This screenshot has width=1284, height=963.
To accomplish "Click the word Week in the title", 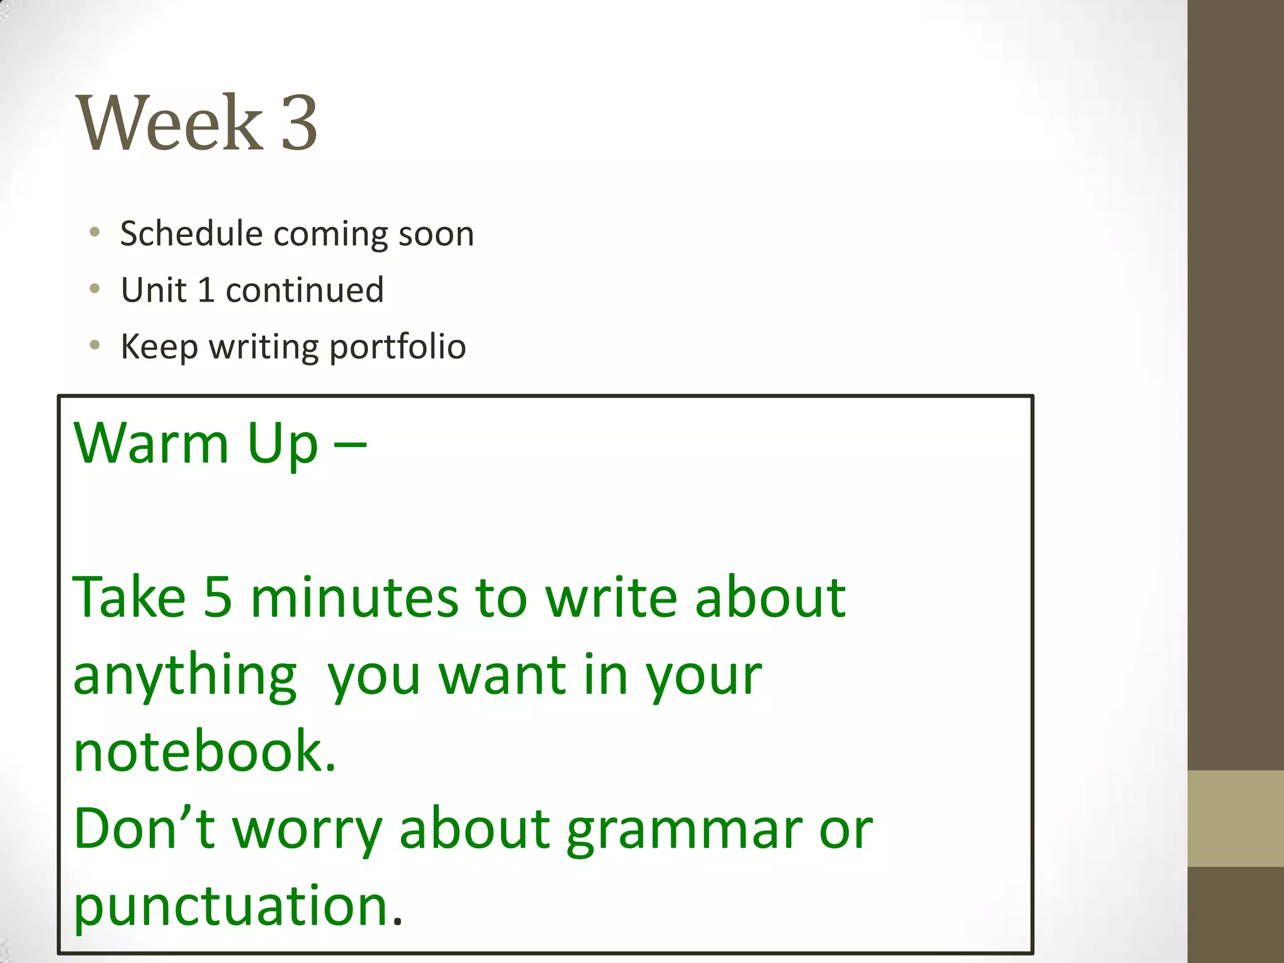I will click(169, 123).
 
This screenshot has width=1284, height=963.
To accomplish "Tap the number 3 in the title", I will click(299, 123).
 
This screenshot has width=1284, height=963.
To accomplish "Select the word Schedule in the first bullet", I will click(191, 234).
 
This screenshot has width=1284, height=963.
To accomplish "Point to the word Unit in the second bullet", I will click(154, 290).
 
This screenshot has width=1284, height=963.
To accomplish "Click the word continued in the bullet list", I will click(305, 290).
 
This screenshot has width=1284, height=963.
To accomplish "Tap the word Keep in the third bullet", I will click(159, 347).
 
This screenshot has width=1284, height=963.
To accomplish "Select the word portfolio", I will click(397, 347).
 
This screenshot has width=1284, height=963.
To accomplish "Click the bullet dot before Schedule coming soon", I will click(95, 233).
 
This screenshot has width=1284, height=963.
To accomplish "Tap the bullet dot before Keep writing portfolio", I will click(95, 345).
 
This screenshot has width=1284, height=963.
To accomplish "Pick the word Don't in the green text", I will click(144, 829).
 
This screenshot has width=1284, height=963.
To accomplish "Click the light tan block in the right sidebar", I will click(1236, 819).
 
